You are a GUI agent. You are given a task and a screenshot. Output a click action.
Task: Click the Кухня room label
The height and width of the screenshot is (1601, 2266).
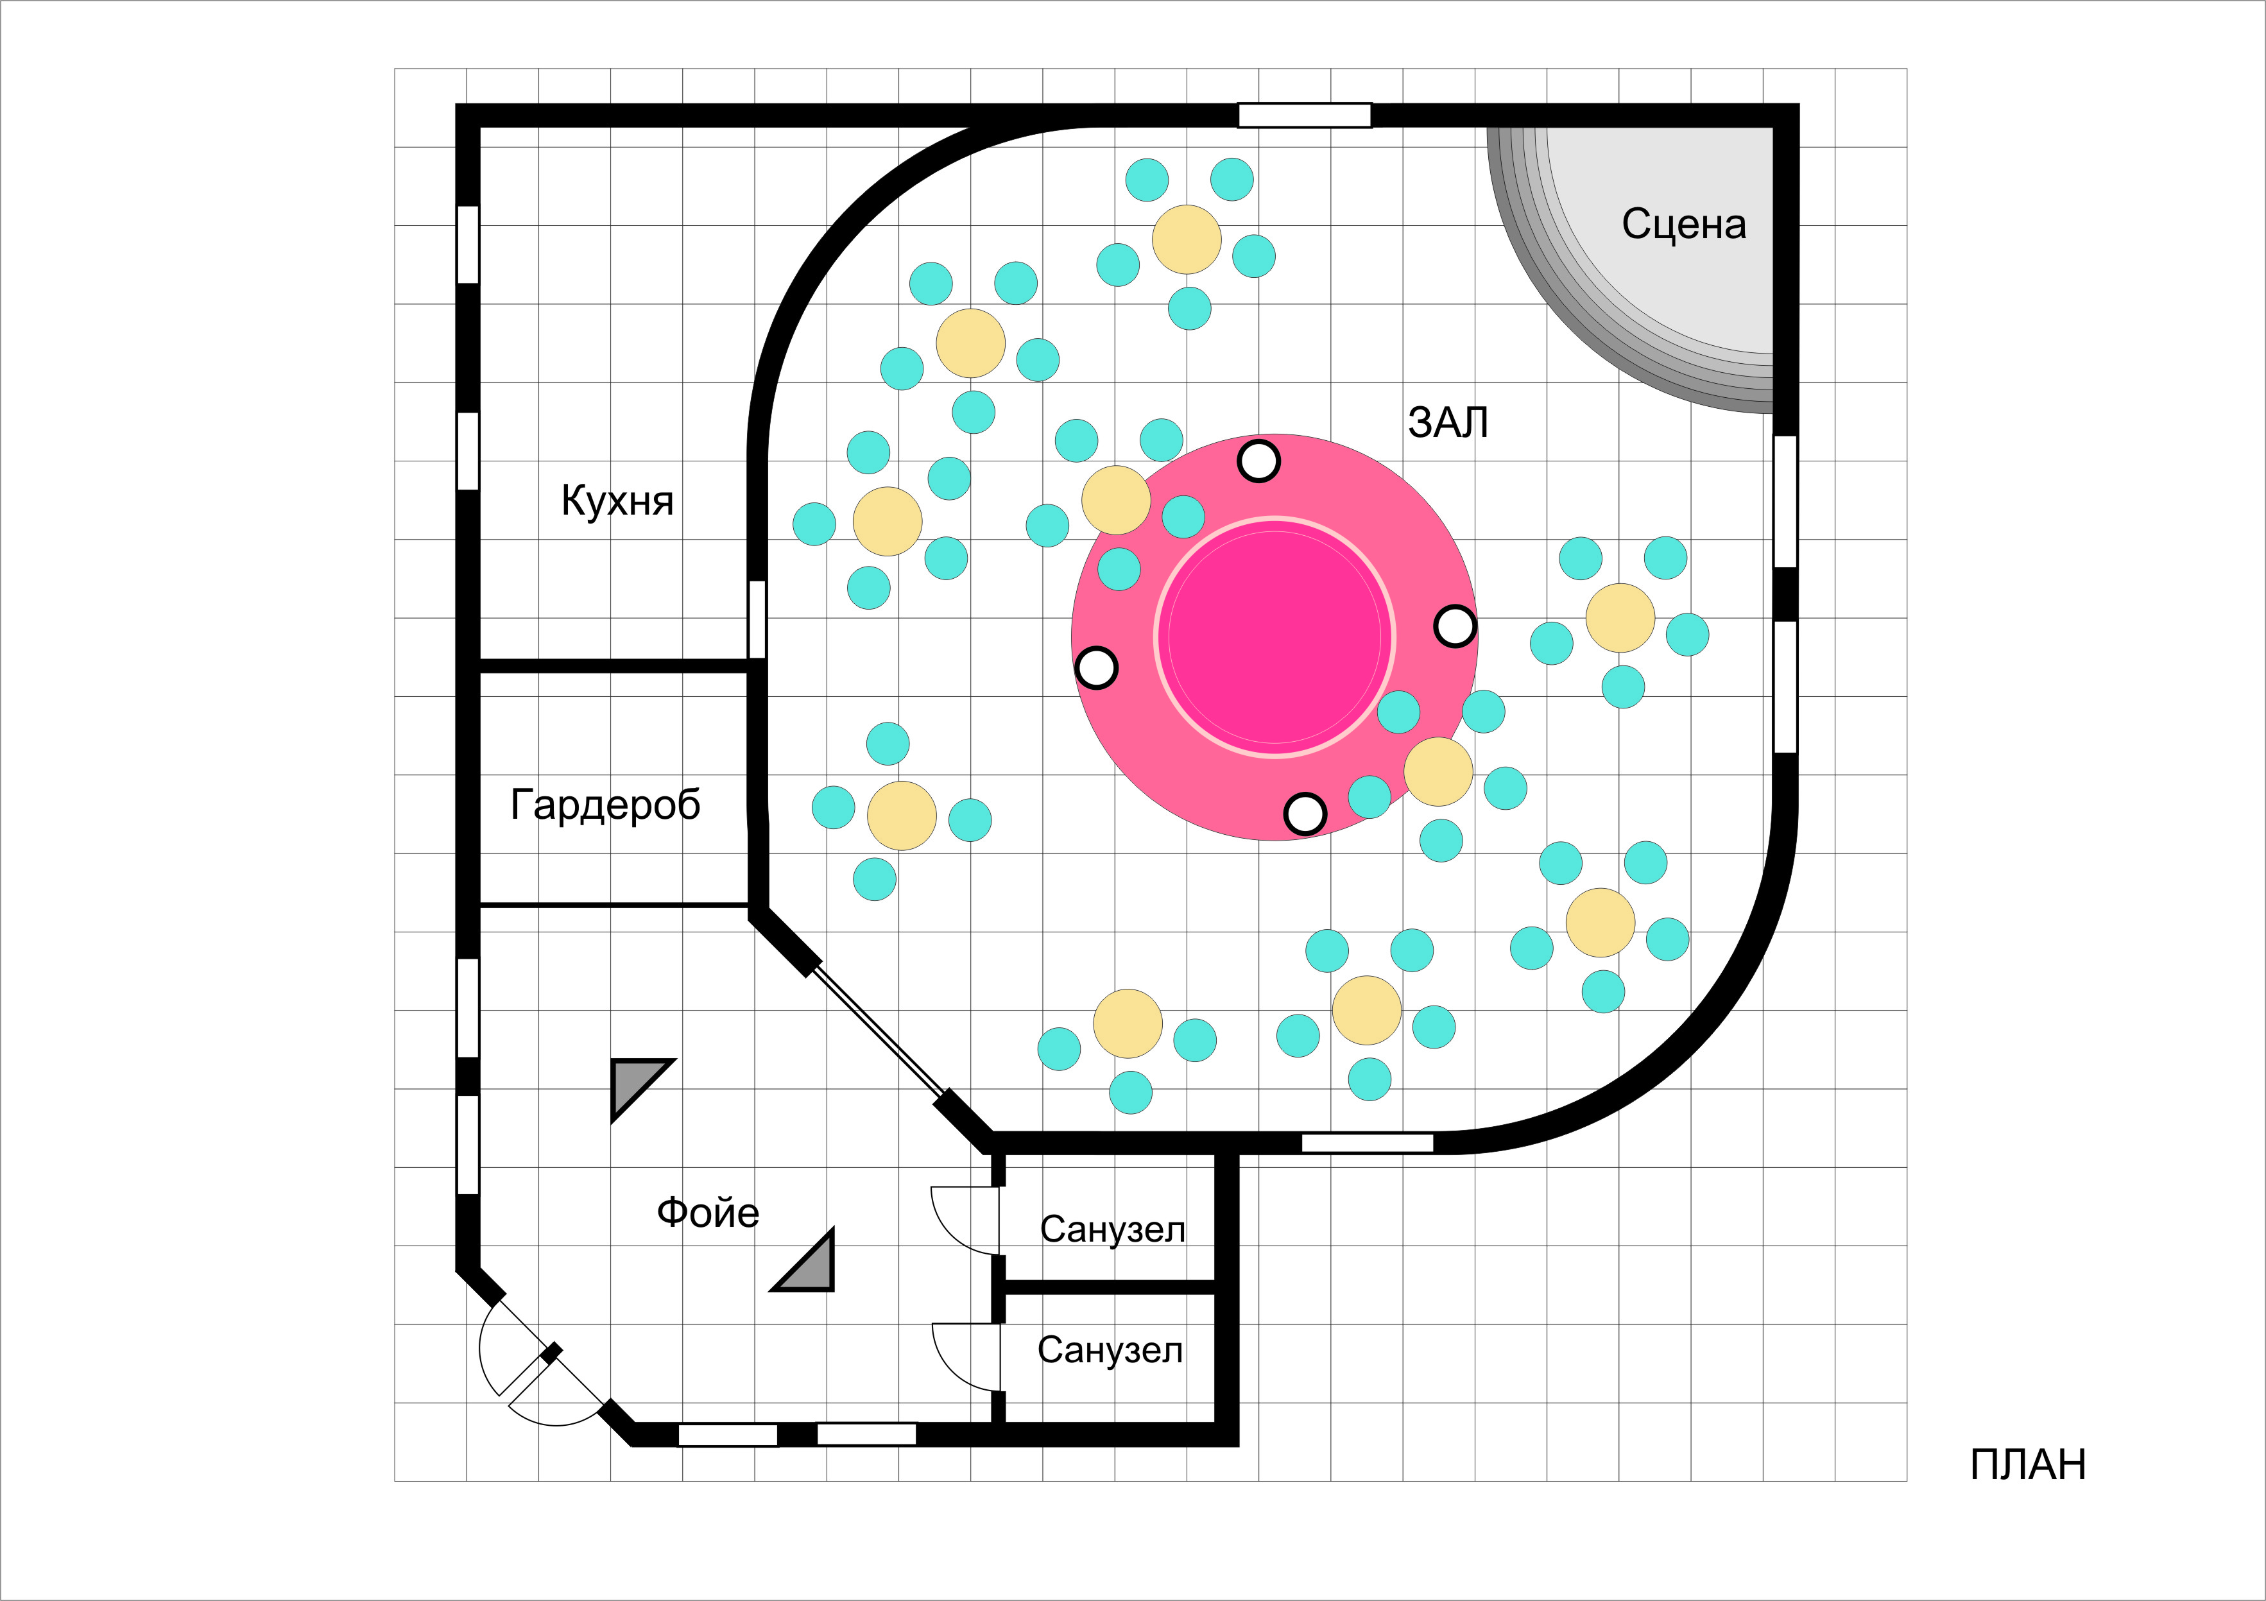[x=617, y=501]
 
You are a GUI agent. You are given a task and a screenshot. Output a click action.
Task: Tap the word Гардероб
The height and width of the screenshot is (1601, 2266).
[x=605, y=805]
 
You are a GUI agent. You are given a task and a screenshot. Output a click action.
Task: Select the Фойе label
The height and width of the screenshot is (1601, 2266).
[x=708, y=1213]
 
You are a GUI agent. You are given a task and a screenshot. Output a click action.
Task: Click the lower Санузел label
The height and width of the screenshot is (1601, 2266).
[x=1110, y=1350]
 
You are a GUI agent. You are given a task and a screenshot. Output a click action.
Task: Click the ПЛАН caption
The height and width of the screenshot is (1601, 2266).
[x=2027, y=1465]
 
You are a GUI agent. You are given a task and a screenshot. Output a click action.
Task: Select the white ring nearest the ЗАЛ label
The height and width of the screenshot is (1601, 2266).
[x=1258, y=461]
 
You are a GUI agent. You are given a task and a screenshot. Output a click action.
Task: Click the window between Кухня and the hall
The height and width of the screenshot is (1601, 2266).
[x=757, y=619]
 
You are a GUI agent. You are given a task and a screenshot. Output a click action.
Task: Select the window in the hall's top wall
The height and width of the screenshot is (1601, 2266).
[x=1304, y=116]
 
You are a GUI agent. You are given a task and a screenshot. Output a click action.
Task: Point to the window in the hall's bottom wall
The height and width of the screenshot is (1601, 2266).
[x=1367, y=1143]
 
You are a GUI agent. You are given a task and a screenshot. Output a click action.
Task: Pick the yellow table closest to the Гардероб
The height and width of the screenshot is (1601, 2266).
[x=901, y=816]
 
